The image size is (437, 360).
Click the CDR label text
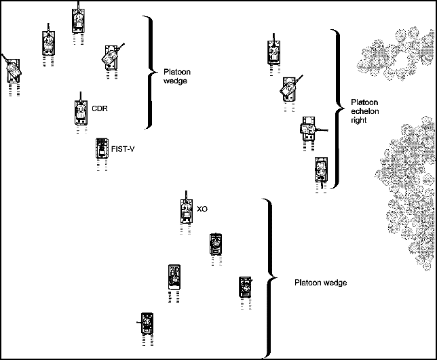pyautogui.click(x=100, y=107)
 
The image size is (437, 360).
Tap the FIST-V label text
pyautogui.click(x=122, y=149)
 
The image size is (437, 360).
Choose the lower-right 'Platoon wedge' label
pyautogui.click(x=320, y=283)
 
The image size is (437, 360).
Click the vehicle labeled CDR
pyautogui.click(x=80, y=113)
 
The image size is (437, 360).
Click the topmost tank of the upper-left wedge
pyautogui.click(x=78, y=20)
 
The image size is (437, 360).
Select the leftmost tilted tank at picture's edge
pyautogui.click(x=12, y=70)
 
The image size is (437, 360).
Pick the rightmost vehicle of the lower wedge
pyautogui.click(x=245, y=287)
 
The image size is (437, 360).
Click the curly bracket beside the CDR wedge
pyautogui.click(x=150, y=71)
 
